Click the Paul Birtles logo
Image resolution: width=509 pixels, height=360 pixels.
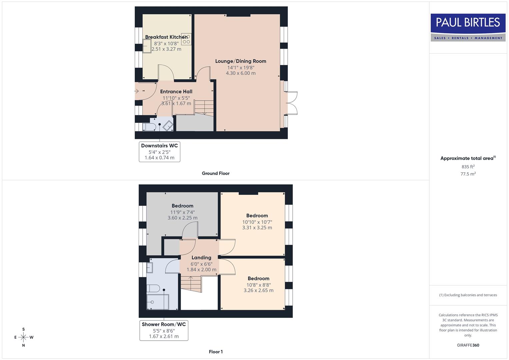468,27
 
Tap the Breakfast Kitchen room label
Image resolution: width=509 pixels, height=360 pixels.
166,37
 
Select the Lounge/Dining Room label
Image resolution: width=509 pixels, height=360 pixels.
240,61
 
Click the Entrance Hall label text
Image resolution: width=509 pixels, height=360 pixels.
176,92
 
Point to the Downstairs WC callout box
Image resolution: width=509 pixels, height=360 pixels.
159,152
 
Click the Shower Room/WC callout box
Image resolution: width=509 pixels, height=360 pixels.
164,330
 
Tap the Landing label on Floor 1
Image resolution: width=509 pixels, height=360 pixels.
201,258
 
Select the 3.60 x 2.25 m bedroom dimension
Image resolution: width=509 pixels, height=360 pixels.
182,218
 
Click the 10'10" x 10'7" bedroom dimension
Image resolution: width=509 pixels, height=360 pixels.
257,222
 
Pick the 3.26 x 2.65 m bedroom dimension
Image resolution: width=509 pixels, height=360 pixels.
258,290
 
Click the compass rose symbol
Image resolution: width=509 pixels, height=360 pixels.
23,337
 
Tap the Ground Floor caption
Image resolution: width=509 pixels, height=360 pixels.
215,173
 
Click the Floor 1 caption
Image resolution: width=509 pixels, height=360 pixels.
215,352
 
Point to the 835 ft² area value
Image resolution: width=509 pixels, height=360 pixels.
468,167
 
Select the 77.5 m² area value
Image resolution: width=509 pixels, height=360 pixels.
468,174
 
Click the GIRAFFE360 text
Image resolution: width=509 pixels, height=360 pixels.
468,345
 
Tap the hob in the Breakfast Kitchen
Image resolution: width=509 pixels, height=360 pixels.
186,39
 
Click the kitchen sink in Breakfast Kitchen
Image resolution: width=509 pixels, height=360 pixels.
147,46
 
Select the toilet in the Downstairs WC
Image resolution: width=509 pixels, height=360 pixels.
149,127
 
